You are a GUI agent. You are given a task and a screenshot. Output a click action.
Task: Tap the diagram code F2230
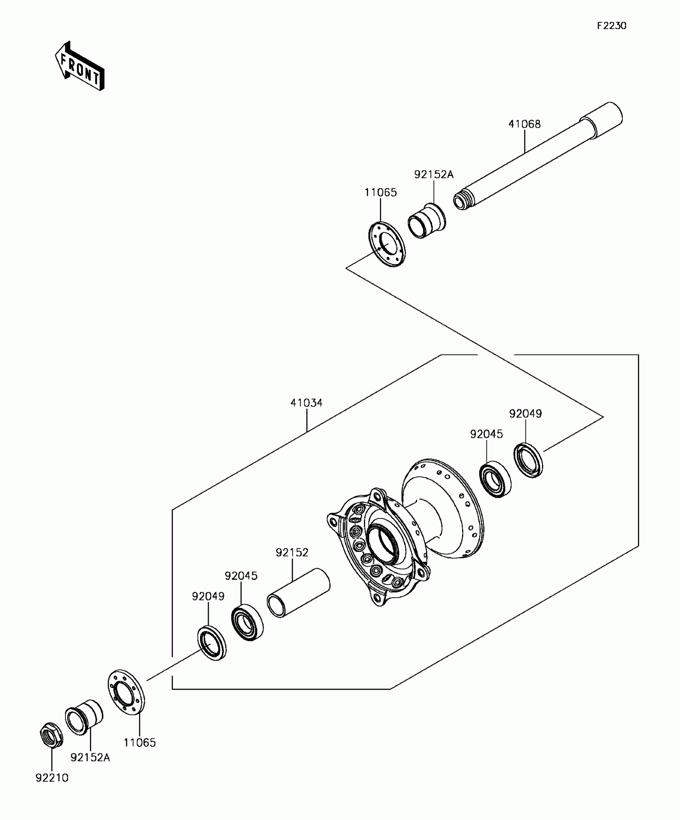click(x=612, y=26)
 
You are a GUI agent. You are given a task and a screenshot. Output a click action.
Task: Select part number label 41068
click(x=524, y=124)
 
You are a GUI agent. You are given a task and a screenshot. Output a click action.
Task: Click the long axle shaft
click(x=536, y=156)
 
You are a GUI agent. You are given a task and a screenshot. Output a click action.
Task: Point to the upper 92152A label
click(x=434, y=175)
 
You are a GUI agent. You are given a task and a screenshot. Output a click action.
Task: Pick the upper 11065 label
click(x=380, y=193)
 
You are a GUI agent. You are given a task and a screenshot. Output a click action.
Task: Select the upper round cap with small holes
click(x=386, y=244)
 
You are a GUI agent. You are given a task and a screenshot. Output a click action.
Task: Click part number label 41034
click(x=306, y=403)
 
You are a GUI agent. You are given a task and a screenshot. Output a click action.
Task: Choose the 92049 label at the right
click(x=525, y=414)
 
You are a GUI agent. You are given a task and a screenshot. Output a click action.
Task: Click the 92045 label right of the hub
click(x=486, y=434)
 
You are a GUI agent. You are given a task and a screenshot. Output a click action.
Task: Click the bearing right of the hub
click(x=495, y=479)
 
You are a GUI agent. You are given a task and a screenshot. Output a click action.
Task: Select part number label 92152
click(x=292, y=553)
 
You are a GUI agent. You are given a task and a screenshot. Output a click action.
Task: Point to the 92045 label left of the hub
click(x=241, y=576)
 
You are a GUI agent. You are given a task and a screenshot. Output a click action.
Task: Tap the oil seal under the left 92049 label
click(x=212, y=644)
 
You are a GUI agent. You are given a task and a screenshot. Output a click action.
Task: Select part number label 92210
click(x=52, y=778)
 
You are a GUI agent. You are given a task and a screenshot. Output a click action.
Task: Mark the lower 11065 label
click(x=140, y=743)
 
